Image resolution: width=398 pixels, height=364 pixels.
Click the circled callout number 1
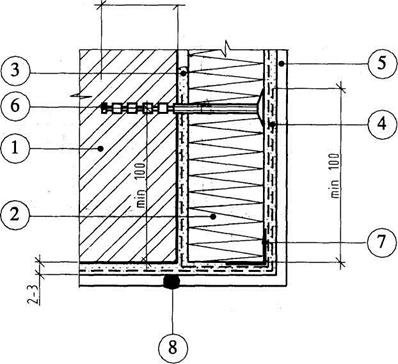point(14,149)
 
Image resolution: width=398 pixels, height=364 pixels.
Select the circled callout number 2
point(14,216)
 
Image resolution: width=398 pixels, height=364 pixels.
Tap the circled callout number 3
point(14,71)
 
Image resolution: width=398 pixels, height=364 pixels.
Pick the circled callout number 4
point(383,124)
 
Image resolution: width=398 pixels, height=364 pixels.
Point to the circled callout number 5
point(383,63)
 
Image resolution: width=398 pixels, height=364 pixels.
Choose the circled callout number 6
point(14,107)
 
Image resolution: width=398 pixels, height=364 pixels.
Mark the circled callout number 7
point(383,242)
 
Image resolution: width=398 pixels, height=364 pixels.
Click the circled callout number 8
point(172,348)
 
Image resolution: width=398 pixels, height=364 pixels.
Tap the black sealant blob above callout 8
point(172,282)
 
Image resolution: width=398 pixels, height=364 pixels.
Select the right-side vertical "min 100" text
point(335,176)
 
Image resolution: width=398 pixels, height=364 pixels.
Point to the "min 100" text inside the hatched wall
point(141,185)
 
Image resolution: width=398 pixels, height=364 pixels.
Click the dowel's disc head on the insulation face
point(262,107)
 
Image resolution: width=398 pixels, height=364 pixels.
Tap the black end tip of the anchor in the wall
point(104,107)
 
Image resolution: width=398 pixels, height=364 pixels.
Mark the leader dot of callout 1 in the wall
point(100,149)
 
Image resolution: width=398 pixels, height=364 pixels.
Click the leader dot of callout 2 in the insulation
point(213,217)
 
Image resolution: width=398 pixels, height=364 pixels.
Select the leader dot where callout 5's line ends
point(282,63)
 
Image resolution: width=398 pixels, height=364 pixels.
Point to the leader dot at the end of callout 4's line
point(273,125)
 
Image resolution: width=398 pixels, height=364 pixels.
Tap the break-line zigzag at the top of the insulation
point(226,47)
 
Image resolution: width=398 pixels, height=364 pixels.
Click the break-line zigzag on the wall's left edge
point(79,97)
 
